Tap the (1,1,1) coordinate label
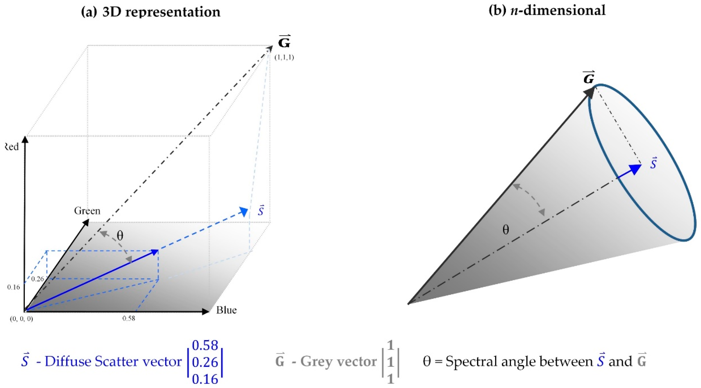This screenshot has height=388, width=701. pyautogui.click(x=284, y=57)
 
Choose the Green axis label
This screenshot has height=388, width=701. pyautogui.click(x=87, y=211)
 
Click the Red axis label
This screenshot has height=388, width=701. pyautogui.click(x=12, y=147)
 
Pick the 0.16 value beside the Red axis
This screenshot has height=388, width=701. pyautogui.click(x=13, y=287)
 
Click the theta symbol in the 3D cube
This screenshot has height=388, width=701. pyautogui.click(x=120, y=236)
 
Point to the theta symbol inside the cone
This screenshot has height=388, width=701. pyautogui.click(x=506, y=230)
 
